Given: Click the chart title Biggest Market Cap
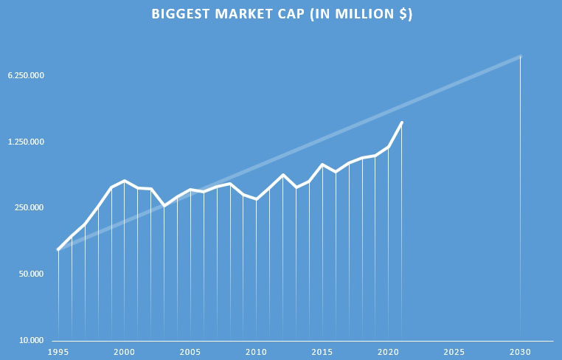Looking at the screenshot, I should (281, 15).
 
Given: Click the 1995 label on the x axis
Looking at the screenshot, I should (58, 352).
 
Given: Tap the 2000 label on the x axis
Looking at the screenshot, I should (124, 352).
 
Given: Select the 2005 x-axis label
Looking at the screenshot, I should (190, 352).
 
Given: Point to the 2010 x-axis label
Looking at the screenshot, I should (256, 352).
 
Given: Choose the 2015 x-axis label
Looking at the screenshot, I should (322, 352).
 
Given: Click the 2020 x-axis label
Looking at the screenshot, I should (388, 352).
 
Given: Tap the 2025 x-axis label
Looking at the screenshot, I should (454, 352).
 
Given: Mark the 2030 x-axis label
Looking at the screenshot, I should (521, 352).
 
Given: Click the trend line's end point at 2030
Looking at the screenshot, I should (521, 56).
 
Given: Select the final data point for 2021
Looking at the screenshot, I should (402, 122).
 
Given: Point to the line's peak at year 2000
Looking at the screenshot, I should (124, 181).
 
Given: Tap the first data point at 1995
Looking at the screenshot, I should (58, 250).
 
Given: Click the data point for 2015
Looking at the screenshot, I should (322, 165).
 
